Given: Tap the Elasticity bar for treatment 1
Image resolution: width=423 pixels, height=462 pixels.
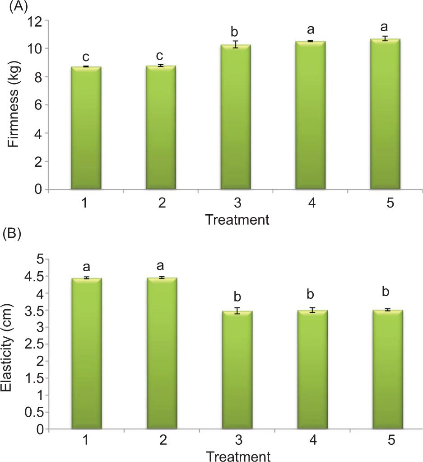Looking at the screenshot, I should point(86,353).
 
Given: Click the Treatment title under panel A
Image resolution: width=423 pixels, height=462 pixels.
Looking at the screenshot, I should point(237,220).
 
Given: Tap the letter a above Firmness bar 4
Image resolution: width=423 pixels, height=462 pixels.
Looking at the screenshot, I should point(310,30).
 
